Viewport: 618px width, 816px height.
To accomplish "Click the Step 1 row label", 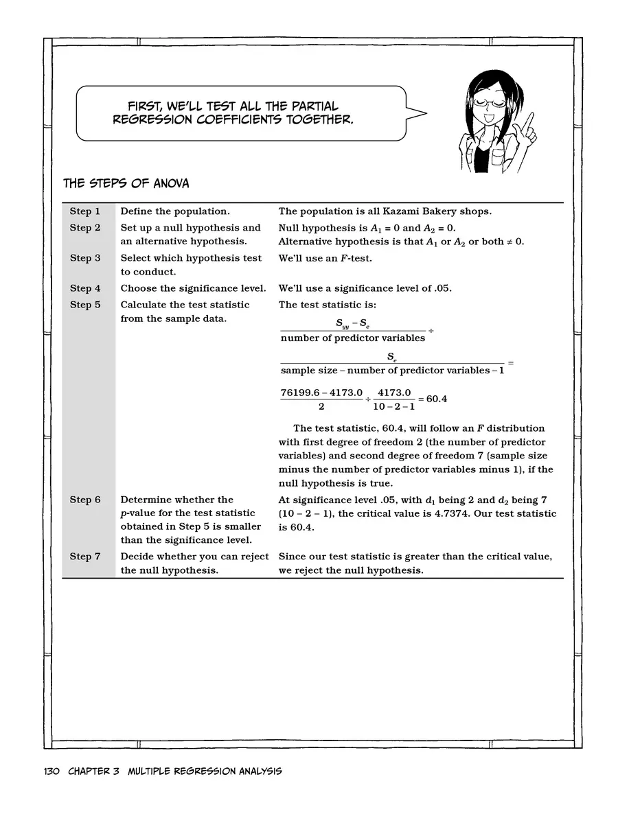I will pyautogui.click(x=84, y=211).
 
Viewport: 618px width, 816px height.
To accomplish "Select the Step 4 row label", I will pyautogui.click(x=84, y=289).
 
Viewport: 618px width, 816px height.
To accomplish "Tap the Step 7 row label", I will pyautogui.click(x=84, y=557).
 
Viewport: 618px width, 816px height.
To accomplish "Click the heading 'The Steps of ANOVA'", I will pyautogui.click(x=126, y=184).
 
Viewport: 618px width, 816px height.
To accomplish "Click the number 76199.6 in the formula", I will pyautogui.click(x=299, y=393).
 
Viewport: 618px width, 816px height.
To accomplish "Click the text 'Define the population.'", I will pyautogui.click(x=175, y=211).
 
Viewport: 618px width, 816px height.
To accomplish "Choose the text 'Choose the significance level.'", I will pyautogui.click(x=193, y=289).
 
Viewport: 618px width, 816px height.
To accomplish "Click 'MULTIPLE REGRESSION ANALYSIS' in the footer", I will pyautogui.click(x=205, y=771).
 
